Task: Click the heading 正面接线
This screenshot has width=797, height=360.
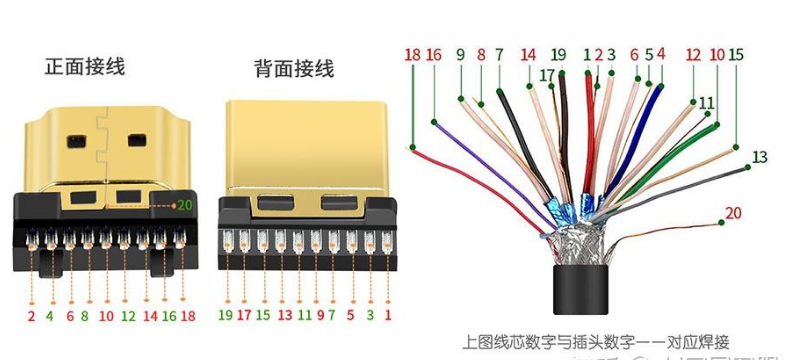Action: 85,67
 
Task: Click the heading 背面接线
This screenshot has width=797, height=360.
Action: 294,69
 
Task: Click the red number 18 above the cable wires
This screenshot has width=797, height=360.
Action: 413,55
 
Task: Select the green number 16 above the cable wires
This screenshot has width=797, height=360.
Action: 434,55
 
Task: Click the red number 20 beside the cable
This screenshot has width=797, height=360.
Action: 734,212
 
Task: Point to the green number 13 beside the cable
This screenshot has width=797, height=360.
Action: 760,156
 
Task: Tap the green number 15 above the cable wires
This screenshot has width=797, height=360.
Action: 736,55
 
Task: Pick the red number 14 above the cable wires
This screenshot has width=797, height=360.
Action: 528,55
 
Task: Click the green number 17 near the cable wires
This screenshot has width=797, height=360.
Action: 547,75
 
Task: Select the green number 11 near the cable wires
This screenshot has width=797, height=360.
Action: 707,102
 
